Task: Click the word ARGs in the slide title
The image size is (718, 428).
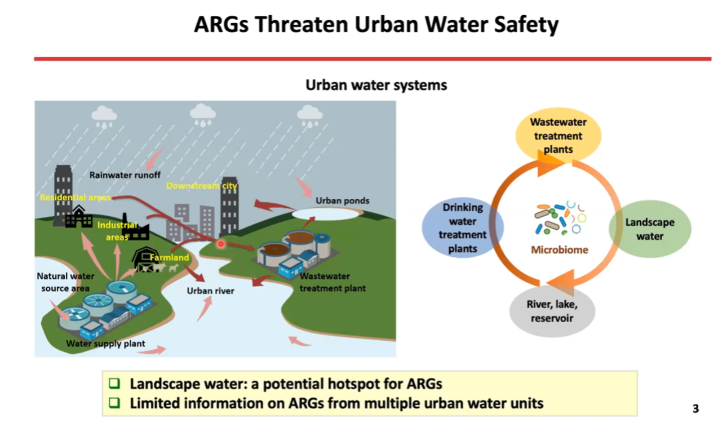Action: pyautogui.click(x=221, y=24)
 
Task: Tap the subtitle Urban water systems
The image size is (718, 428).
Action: pyautogui.click(x=376, y=85)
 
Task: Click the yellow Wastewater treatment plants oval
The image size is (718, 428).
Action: pyautogui.click(x=558, y=135)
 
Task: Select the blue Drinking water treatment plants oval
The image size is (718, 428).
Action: pyautogui.click(x=463, y=228)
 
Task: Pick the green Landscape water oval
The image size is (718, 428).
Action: pyautogui.click(x=650, y=229)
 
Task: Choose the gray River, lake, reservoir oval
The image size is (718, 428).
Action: pyautogui.click(x=552, y=311)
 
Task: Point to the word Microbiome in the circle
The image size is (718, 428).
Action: pyautogui.click(x=559, y=250)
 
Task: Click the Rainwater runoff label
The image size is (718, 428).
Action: pyautogui.click(x=125, y=175)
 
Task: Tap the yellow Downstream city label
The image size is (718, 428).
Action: pyautogui.click(x=202, y=186)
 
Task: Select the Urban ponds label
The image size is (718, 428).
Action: pyautogui.click(x=342, y=201)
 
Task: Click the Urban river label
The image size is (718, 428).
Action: pyautogui.click(x=210, y=291)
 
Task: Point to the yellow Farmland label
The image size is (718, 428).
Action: pyautogui.click(x=169, y=257)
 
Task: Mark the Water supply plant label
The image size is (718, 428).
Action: pyautogui.click(x=105, y=344)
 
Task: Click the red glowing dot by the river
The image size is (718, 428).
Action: pyautogui.click(x=221, y=244)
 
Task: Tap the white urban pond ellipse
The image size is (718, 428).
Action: pyautogui.click(x=326, y=214)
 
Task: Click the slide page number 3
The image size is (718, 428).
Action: pyautogui.click(x=695, y=409)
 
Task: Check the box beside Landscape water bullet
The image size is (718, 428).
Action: pyautogui.click(x=114, y=384)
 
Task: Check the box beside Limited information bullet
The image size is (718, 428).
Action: pyautogui.click(x=114, y=403)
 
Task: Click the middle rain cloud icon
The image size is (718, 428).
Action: pyautogui.click(x=202, y=115)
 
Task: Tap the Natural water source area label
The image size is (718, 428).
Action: pyautogui.click(x=65, y=282)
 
